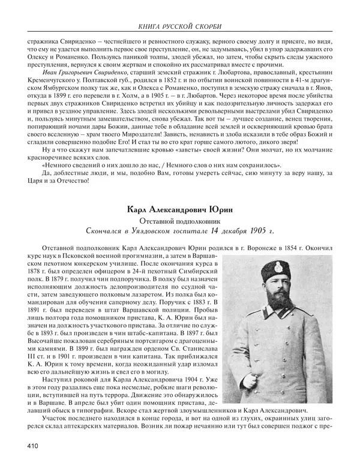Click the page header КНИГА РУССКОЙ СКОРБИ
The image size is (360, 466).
coord(179,27)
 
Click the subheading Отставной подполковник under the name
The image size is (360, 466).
coord(179,221)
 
